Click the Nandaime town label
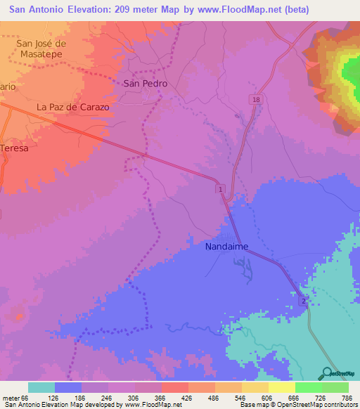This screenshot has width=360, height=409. click(x=227, y=247)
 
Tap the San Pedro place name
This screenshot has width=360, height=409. click(x=145, y=83)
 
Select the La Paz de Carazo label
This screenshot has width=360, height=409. click(x=73, y=108)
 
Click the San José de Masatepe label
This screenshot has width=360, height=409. click(x=41, y=48)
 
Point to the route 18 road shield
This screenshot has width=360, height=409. click(x=257, y=101)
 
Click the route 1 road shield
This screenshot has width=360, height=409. click(x=220, y=190)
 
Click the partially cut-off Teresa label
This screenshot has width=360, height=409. click(x=14, y=148)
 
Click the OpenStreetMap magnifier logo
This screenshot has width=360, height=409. click(x=326, y=372)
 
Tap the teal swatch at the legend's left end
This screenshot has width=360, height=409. click(x=41, y=387)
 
